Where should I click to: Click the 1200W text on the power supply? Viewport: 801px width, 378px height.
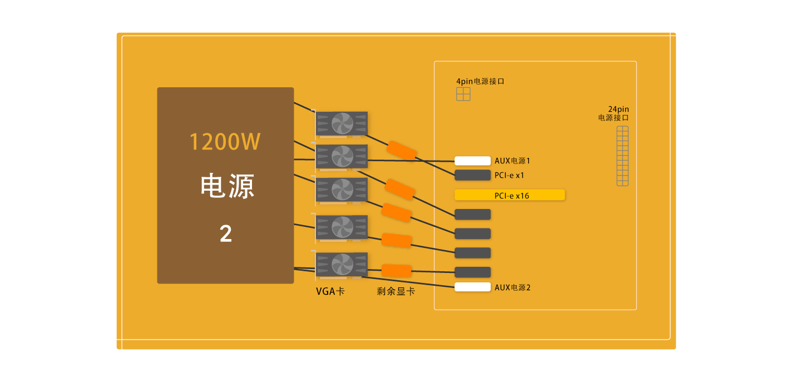coord(225,142)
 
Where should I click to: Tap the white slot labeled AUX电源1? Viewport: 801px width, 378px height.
coord(472,161)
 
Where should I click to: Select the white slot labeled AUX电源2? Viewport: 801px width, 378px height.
coord(472,287)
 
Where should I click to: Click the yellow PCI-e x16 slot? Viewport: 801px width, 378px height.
coord(510,195)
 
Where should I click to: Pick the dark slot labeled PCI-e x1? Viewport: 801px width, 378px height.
coord(472,175)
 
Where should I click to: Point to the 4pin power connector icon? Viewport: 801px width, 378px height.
coord(463,94)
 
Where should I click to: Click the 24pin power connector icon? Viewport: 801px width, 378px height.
coord(622,156)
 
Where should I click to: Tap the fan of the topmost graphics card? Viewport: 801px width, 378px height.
coord(342,123)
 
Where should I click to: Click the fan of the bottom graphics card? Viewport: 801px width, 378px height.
coord(342,265)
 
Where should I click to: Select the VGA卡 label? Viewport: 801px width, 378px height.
coord(330,291)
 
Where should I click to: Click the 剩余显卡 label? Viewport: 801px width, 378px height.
coord(396,291)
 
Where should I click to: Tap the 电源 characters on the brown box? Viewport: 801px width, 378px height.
coord(227,186)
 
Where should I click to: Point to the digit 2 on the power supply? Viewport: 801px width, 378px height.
coord(226,233)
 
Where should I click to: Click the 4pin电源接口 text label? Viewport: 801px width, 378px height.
coord(480,81)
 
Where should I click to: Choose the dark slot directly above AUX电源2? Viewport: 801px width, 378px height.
coord(472,272)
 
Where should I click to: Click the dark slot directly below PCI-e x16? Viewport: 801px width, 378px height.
coord(472,215)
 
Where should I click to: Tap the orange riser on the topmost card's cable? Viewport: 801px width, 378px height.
coord(402,151)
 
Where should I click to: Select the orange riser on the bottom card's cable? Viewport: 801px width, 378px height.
coord(396,271)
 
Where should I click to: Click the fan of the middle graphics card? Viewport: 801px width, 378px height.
coord(342,190)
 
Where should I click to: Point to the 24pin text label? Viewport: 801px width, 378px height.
coord(619,109)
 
